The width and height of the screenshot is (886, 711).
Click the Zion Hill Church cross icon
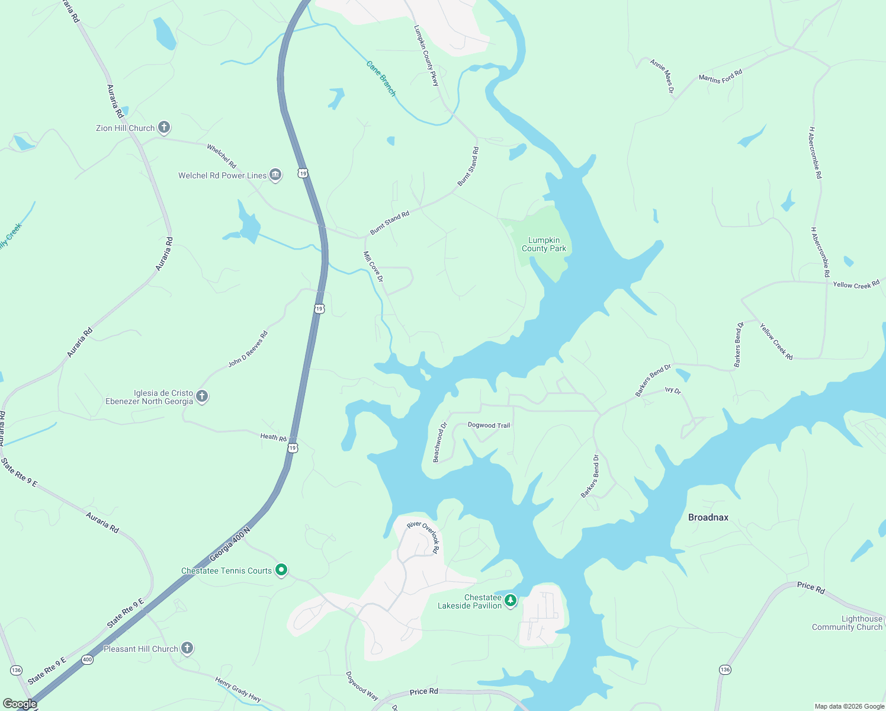click(x=164, y=127)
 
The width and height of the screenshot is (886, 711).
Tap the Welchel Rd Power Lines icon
click(x=275, y=175)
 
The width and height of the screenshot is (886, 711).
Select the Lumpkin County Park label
click(x=544, y=245)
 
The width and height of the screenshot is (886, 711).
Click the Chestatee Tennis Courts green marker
click(x=282, y=570)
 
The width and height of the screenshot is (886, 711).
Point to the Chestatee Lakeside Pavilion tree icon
click(x=511, y=601)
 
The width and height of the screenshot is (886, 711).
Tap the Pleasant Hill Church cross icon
click(x=187, y=648)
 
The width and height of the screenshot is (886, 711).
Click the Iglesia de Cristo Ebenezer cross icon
click(x=202, y=396)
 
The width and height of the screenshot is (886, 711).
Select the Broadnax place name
click(x=708, y=517)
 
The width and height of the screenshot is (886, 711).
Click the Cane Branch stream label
click(x=380, y=78)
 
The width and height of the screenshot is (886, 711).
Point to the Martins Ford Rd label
click(x=720, y=76)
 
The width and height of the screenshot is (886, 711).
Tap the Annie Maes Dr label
click(x=662, y=76)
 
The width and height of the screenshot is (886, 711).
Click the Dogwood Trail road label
click(x=489, y=425)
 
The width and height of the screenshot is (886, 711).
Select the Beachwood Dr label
click(x=439, y=442)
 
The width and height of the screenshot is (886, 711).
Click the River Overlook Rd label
click(x=424, y=536)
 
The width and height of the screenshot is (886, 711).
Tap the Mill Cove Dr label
click(x=373, y=267)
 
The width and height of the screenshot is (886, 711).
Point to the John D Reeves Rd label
click(x=248, y=349)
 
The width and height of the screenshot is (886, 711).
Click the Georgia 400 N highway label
click(x=230, y=545)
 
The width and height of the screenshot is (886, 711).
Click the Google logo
click(x=19, y=704)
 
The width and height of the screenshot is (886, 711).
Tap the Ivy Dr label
click(x=673, y=390)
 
